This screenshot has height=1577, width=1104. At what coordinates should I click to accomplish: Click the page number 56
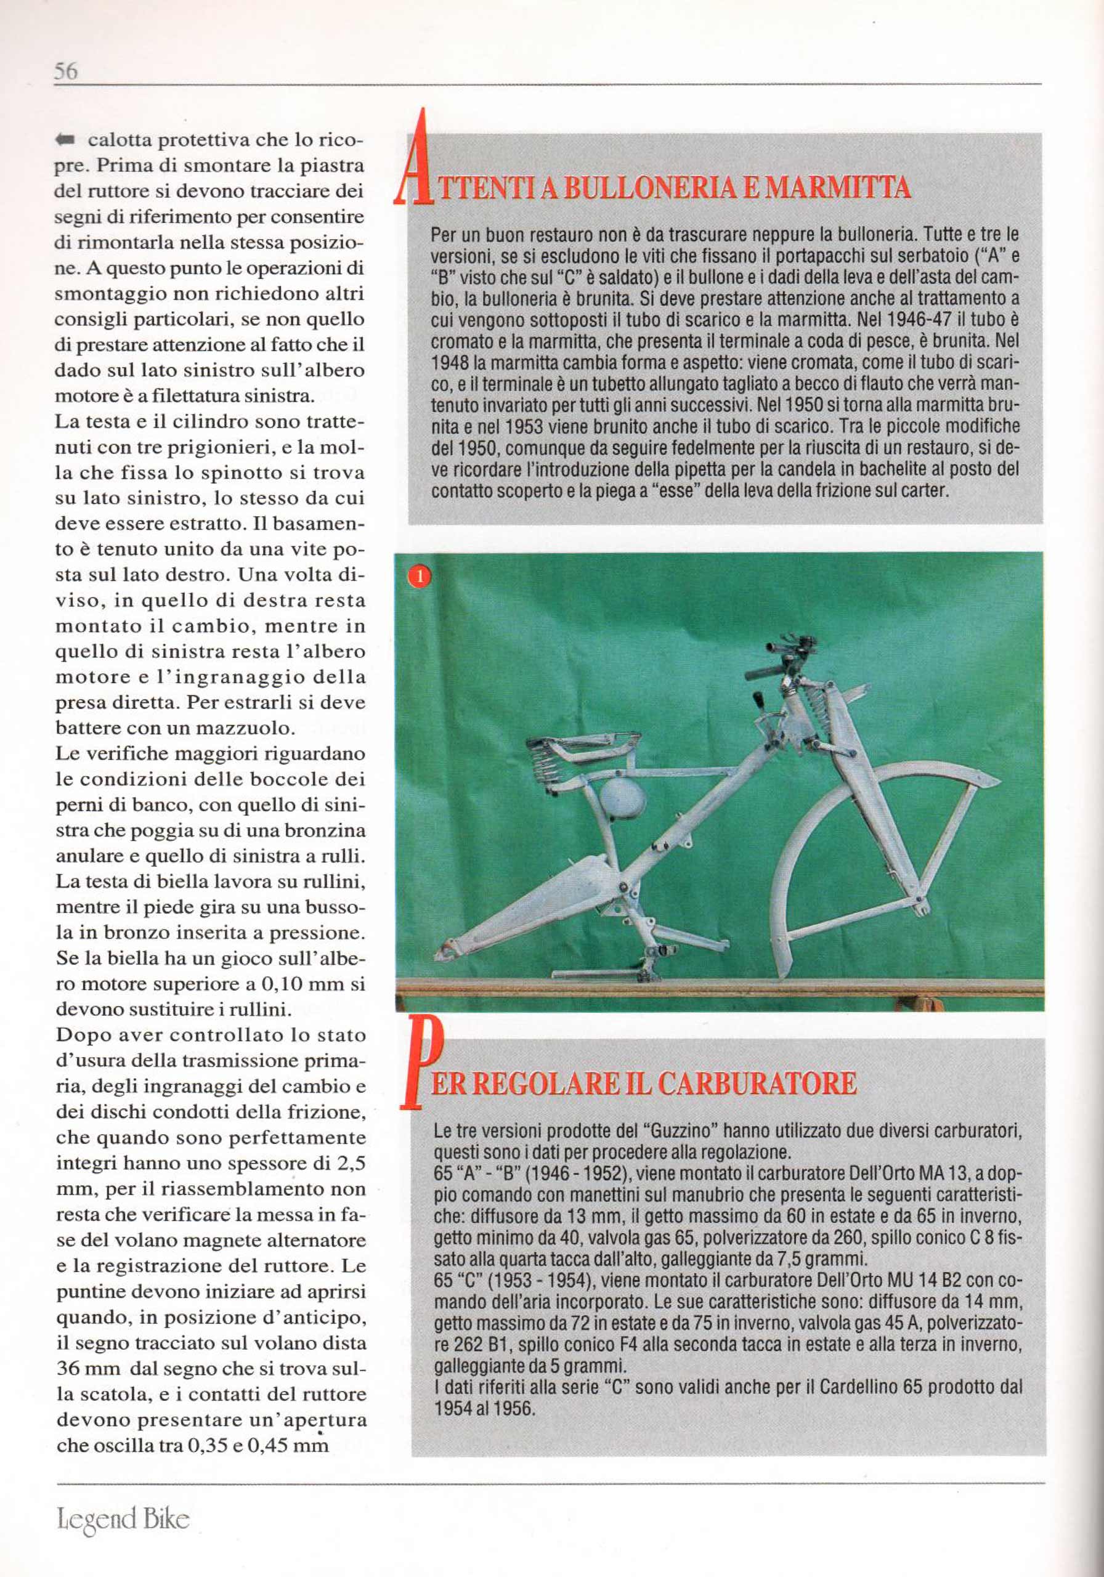66,71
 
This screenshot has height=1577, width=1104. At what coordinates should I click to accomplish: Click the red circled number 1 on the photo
419,576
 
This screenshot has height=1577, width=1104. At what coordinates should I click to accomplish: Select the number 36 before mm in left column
69,1369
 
